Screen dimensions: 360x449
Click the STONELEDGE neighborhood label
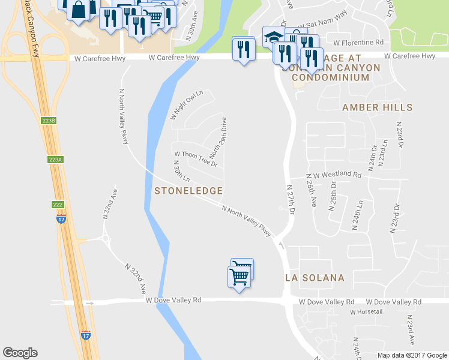point(188,191)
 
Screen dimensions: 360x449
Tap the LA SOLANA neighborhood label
point(315,278)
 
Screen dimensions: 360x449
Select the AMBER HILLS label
point(377,107)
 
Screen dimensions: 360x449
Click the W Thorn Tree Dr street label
point(195,159)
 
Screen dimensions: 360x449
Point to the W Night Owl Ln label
point(187,105)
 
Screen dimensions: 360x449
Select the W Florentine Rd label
point(358,43)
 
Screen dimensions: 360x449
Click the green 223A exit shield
point(55,160)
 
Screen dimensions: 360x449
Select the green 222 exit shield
point(56,205)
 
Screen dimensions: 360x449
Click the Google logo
point(20,353)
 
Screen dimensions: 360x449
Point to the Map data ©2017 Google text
point(412,355)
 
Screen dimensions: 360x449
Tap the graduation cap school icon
point(274,37)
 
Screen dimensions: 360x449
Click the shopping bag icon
point(79,10)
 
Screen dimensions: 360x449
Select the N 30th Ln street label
point(181,172)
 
